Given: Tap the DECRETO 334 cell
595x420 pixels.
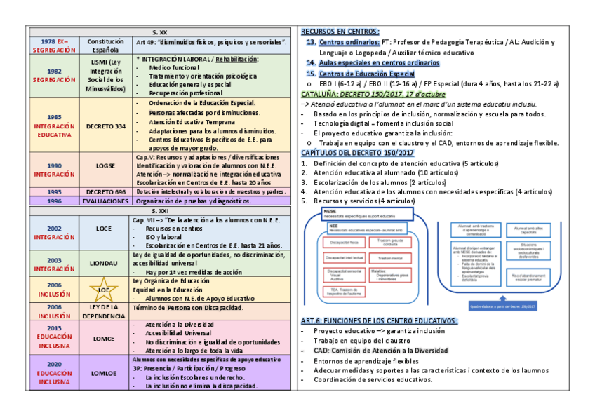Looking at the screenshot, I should [105, 126].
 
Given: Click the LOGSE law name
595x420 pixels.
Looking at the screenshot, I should [105, 166].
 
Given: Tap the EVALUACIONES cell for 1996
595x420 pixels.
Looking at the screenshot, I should [105, 201].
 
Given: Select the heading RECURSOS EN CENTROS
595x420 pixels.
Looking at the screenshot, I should [340, 32].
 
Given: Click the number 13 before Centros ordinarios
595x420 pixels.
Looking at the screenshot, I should [311, 42].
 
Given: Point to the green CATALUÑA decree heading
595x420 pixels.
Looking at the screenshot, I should [372, 94].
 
